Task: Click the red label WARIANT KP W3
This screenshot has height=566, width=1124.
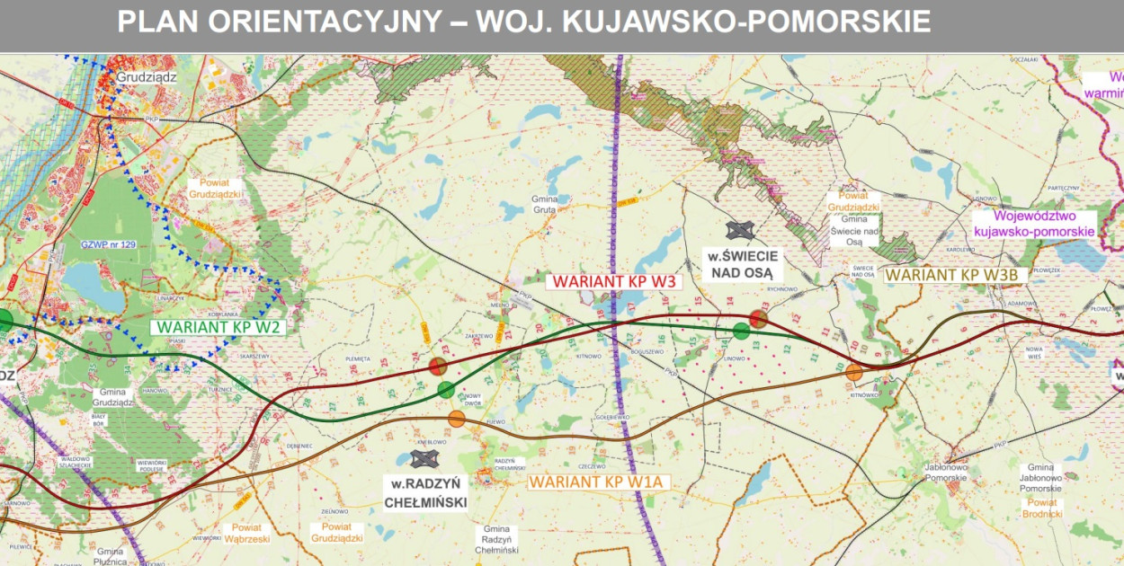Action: click(614, 281)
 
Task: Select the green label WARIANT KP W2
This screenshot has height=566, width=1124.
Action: click(219, 327)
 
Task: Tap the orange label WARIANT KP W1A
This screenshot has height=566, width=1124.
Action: click(595, 482)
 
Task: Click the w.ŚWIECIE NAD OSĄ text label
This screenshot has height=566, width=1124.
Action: click(743, 266)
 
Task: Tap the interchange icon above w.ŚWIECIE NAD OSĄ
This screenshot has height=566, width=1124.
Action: click(741, 231)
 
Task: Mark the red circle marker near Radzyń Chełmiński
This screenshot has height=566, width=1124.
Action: click(438, 366)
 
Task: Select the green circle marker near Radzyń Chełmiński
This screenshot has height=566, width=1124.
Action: click(446, 390)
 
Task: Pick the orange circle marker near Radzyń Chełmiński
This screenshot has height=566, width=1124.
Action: click(457, 419)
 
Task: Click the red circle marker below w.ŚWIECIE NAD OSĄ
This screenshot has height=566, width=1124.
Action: click(758, 319)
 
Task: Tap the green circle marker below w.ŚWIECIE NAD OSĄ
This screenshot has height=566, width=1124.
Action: click(741, 331)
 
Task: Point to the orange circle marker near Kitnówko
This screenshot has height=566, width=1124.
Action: click(854, 372)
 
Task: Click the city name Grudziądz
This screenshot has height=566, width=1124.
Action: click(147, 78)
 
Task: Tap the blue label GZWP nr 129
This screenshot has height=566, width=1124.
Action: click(108, 245)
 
